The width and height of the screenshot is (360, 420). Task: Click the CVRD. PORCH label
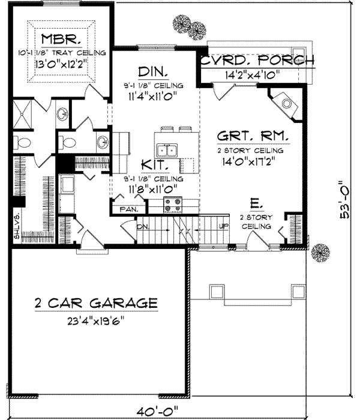click(x=257, y=60)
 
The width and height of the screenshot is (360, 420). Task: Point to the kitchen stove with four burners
click(x=173, y=204)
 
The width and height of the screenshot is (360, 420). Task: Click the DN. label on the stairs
click(x=143, y=227)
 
